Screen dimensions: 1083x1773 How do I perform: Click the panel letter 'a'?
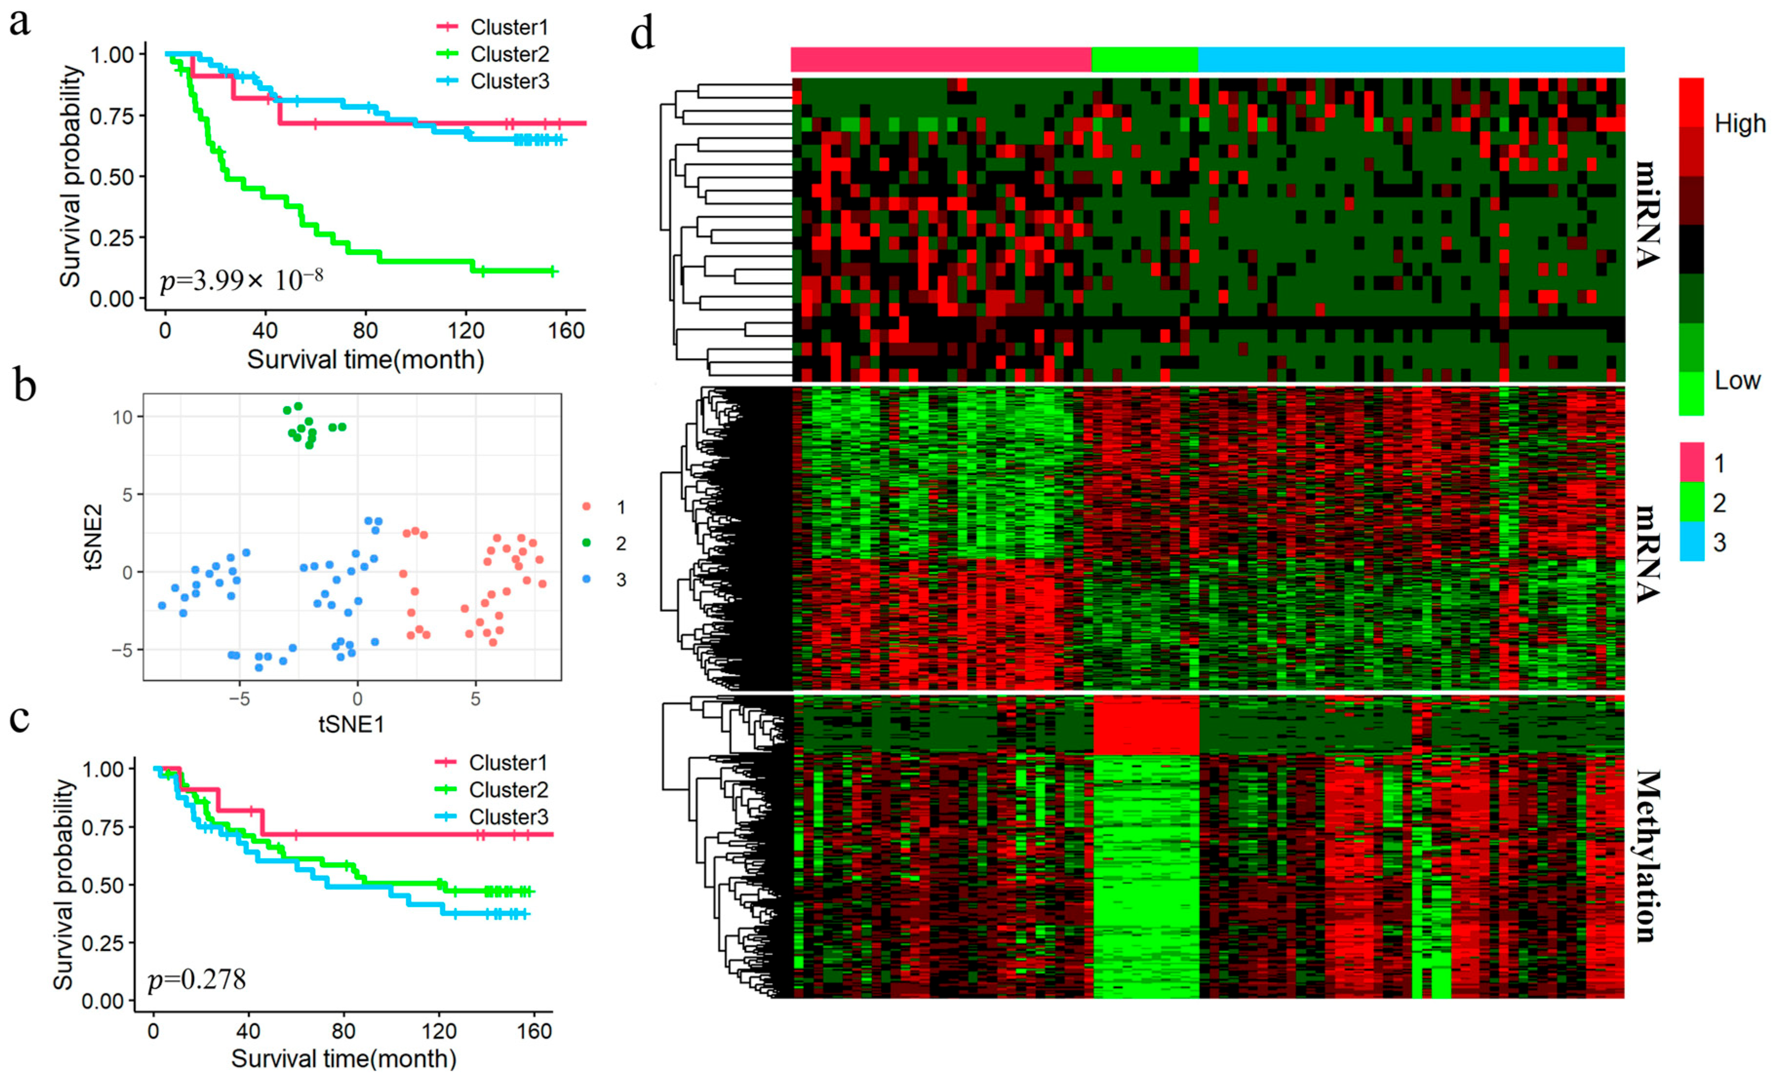[x=19, y=23]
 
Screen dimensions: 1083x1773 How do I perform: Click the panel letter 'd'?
[x=642, y=34]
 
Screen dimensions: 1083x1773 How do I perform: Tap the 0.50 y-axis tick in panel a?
[x=112, y=177]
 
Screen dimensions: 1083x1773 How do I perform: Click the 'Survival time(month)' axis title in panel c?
[x=344, y=1059]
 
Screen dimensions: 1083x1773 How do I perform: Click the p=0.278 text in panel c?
[x=196, y=979]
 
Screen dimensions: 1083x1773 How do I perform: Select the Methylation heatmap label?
[x=1648, y=856]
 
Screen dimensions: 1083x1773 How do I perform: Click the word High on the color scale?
[x=1740, y=124]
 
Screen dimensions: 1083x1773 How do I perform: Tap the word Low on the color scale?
[x=1737, y=380]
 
